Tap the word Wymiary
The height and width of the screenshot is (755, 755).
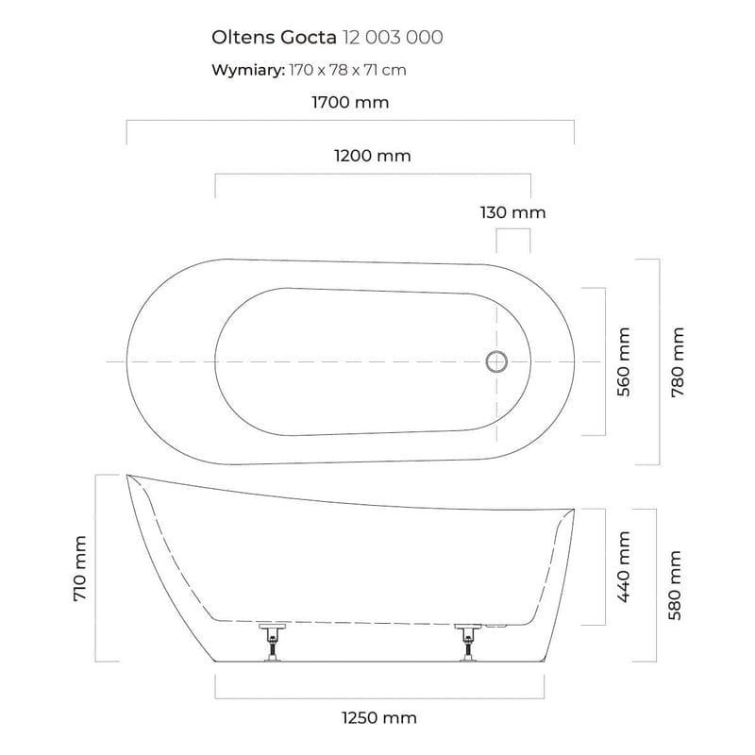coord(246,70)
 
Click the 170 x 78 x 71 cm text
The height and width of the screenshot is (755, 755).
coord(348,70)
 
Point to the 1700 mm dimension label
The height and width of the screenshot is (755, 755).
coord(350,102)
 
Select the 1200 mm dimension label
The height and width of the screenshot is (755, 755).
coord(373,156)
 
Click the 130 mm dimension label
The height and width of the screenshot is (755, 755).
coord(512,212)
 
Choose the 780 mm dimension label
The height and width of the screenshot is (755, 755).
coord(677,361)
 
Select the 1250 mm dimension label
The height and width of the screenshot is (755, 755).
coord(377,718)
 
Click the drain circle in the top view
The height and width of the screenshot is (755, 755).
coord(496,361)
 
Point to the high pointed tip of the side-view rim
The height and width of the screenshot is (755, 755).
coord(127,475)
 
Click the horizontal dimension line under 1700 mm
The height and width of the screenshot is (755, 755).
coord(350,121)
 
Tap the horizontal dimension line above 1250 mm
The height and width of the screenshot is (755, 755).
coord(379,696)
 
